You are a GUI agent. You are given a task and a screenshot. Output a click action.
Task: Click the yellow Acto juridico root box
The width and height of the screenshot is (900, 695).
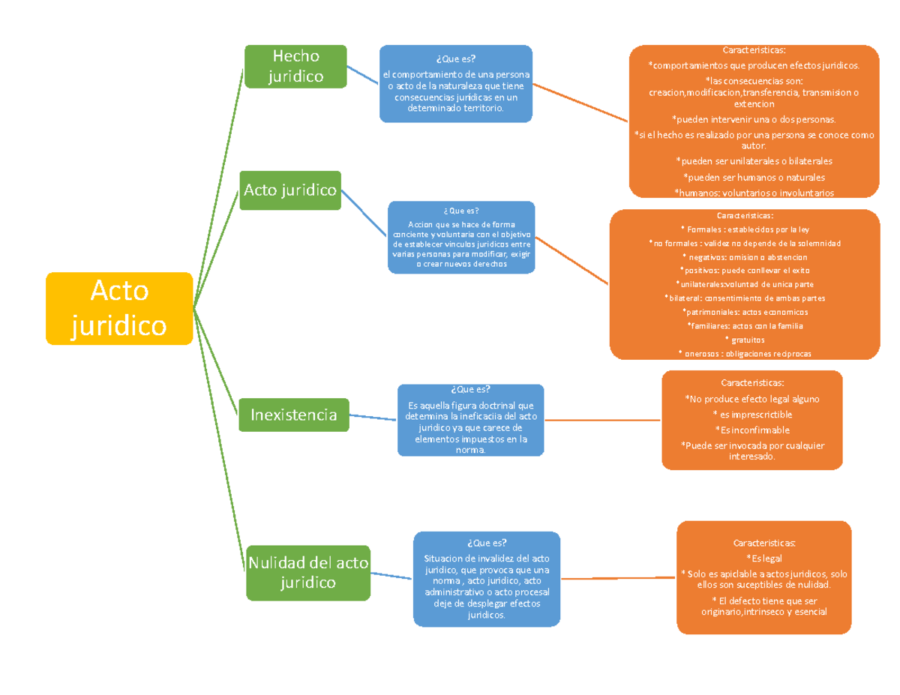tap(119, 309)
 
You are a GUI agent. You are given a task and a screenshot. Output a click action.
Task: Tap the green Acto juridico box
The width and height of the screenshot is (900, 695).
tap(290, 190)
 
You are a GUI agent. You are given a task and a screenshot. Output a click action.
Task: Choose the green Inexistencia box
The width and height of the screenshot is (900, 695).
tap(294, 415)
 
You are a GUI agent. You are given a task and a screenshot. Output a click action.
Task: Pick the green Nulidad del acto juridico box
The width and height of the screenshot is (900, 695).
tap(308, 573)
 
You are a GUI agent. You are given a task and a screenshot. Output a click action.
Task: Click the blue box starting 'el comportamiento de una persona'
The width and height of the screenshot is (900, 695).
tap(456, 84)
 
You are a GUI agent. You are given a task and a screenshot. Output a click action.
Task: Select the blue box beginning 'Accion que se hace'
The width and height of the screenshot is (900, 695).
tap(460, 238)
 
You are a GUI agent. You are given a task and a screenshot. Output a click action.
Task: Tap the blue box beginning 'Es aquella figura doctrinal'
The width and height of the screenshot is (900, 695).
tap(470, 420)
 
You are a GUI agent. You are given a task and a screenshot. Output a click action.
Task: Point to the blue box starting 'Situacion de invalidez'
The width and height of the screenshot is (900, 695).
tap(487, 578)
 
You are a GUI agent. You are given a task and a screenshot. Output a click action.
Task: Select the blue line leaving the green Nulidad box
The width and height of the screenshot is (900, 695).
tap(391, 577)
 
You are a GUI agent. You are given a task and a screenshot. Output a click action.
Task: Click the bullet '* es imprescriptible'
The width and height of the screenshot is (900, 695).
tap(751, 415)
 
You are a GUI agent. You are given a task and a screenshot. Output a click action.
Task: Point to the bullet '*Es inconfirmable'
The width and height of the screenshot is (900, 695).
tap(751, 429)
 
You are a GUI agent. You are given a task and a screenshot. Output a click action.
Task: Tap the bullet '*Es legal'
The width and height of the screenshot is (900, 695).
tap(763, 559)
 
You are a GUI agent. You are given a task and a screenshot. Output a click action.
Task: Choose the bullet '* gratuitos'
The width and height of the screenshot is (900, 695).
tap(744, 340)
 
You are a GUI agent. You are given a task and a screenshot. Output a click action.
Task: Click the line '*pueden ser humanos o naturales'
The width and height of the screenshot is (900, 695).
tap(753, 178)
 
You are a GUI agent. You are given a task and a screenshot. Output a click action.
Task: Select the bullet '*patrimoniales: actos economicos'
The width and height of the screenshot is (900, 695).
tap(744, 312)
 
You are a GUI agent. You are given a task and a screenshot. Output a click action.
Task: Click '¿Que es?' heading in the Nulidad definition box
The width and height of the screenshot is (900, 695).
tap(486, 543)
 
